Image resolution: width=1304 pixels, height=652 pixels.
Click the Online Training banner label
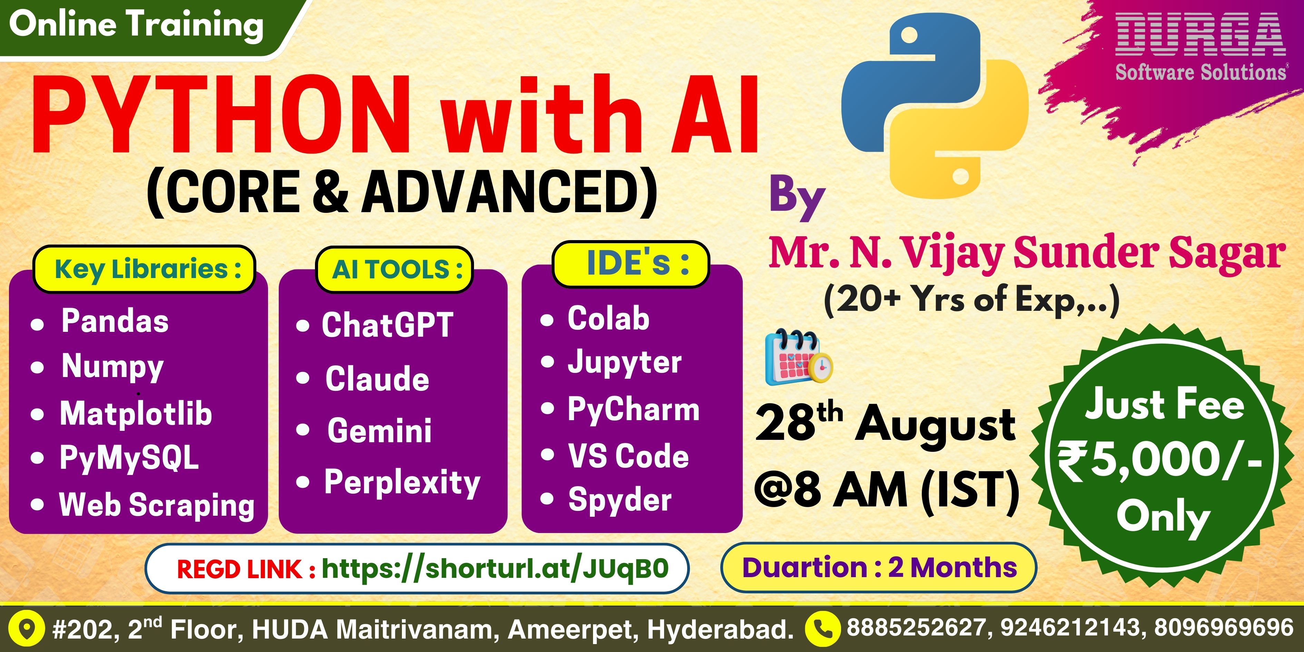tap(136, 25)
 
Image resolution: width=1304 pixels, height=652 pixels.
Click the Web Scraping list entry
tap(157, 505)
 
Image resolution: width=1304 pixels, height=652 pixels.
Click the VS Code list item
tap(628, 456)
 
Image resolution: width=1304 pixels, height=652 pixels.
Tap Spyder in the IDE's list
tap(620, 500)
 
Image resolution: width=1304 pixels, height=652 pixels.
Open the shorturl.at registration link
tap(495, 569)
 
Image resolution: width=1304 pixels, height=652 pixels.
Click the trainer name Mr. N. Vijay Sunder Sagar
tap(1027, 253)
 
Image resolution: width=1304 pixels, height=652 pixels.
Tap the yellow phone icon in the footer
tap(823, 629)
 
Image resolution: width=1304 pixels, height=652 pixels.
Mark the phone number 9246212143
tap(1070, 628)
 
